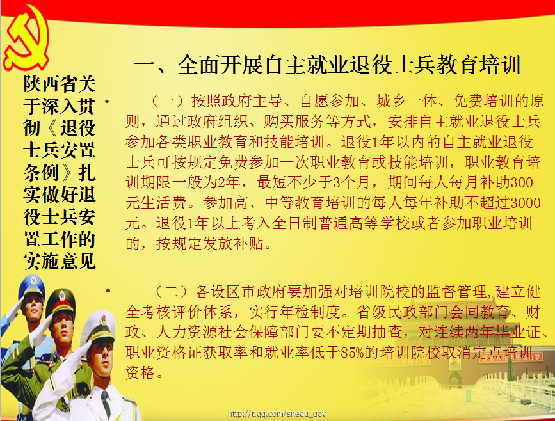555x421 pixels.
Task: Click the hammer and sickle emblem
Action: (x=26, y=38)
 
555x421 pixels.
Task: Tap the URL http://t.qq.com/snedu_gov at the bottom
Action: (x=277, y=413)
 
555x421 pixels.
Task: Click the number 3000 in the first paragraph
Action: (x=526, y=203)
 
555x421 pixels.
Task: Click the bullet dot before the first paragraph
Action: (x=108, y=102)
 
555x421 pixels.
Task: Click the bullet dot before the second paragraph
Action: (x=108, y=291)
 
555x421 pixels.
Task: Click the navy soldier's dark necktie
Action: (x=106, y=403)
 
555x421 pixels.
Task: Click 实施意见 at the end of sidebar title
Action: (x=60, y=261)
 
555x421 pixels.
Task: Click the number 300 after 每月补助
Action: (x=522, y=182)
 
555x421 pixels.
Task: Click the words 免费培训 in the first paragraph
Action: (x=483, y=101)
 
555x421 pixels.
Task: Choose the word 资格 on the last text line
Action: (x=141, y=373)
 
